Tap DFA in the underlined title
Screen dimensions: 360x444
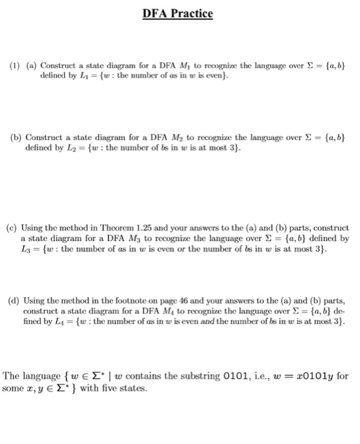pyautogui.click(x=155, y=13)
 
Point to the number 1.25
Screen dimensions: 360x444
pyautogui.click(x=135, y=228)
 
